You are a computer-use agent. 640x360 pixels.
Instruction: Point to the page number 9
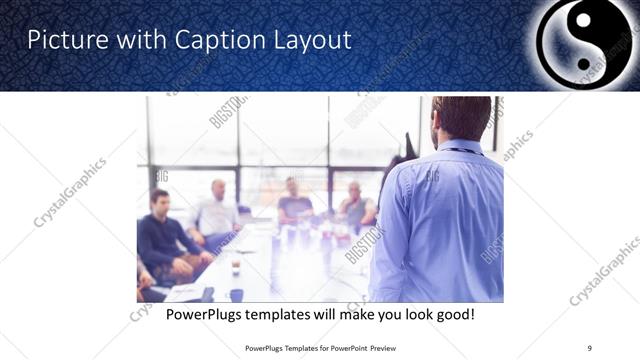click(x=589, y=347)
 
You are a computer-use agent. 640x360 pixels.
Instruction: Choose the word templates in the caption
click(x=298, y=315)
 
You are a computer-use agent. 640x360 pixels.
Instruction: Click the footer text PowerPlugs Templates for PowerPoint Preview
click(x=319, y=347)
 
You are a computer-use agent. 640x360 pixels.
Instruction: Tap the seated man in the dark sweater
click(x=165, y=235)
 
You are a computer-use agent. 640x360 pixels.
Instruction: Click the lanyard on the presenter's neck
click(x=459, y=151)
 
